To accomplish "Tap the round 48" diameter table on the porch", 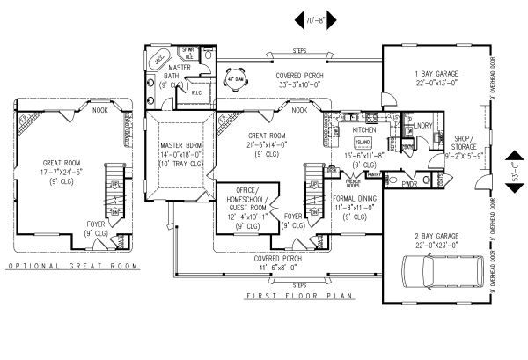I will pyautogui.click(x=236, y=78).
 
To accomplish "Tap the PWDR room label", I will pyautogui.click(x=408, y=185).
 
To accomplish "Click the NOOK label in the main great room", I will pyautogui.click(x=299, y=111).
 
